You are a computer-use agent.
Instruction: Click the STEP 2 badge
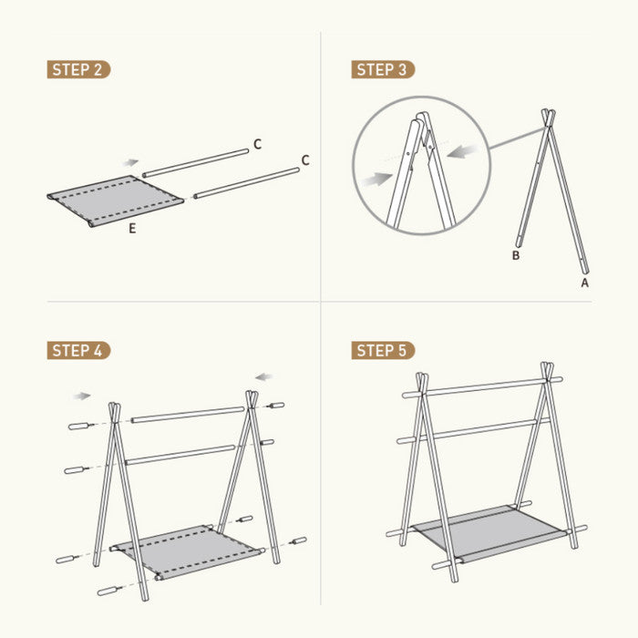(x=78, y=69)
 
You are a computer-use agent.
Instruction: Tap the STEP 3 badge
(x=383, y=69)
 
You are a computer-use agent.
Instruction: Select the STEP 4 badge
(x=78, y=350)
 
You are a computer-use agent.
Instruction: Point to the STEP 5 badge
(x=383, y=350)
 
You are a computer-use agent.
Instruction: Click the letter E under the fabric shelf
(x=132, y=229)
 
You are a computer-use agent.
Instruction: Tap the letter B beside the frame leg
(x=516, y=255)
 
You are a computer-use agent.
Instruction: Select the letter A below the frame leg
(x=585, y=283)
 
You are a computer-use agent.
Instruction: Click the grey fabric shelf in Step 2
(x=115, y=201)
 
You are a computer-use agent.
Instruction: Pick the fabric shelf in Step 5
(x=489, y=532)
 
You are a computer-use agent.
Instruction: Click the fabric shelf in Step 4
(x=188, y=551)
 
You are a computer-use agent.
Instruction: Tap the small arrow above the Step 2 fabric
(x=131, y=163)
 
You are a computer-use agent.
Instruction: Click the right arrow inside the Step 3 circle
(x=462, y=151)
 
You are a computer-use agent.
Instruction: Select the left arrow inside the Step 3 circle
(x=377, y=179)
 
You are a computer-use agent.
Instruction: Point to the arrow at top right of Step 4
(x=264, y=377)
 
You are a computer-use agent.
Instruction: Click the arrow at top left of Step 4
(x=82, y=396)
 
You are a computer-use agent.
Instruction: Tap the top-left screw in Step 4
(x=81, y=426)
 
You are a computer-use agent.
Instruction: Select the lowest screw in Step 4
(x=110, y=591)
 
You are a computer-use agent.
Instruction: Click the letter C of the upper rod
(x=257, y=144)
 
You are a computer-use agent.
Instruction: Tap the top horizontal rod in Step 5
(x=482, y=387)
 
